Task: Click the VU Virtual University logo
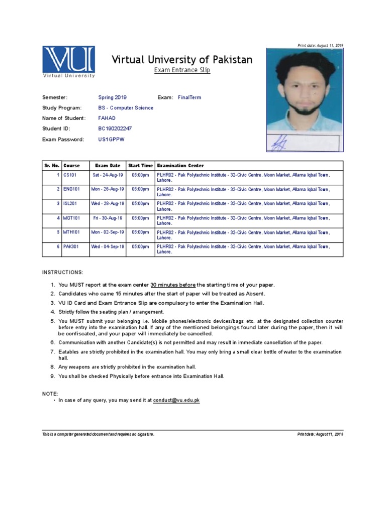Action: pyautogui.click(x=68, y=62)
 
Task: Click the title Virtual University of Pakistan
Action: pyautogui.click(x=181, y=60)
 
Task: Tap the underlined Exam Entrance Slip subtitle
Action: pyautogui.click(x=181, y=70)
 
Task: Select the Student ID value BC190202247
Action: pyautogui.click(x=115, y=128)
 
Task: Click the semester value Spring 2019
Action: pyautogui.click(x=113, y=97)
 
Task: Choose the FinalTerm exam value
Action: pyautogui.click(x=189, y=97)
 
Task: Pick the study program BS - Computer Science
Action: pyautogui.click(x=126, y=108)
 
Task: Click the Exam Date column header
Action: pyautogui.click(x=108, y=166)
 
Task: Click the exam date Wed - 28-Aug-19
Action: pyautogui.click(x=108, y=204)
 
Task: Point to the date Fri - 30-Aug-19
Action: pyautogui.click(x=108, y=218)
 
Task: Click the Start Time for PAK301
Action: pyautogui.click(x=140, y=247)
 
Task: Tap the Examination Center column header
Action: pyautogui.click(x=180, y=166)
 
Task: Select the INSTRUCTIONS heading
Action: pyautogui.click(x=63, y=272)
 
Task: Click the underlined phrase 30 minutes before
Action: pyautogui.click(x=173, y=285)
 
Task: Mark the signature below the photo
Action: pyautogui.click(x=279, y=144)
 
